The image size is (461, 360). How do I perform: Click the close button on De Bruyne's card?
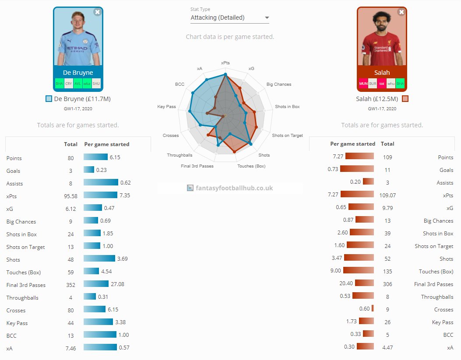(97, 12)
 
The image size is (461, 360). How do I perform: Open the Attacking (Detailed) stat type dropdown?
(230, 18)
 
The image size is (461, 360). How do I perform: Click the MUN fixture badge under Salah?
(363, 83)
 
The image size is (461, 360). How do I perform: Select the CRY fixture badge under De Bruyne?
(69, 83)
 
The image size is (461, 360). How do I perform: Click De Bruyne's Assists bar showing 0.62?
(101, 183)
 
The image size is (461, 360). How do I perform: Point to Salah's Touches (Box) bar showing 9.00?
(359, 271)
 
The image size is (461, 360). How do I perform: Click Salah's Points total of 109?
(387, 157)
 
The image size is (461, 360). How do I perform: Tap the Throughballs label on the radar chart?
(179, 155)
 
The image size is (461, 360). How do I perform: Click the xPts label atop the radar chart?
(225, 63)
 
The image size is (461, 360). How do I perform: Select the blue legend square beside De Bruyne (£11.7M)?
(49, 99)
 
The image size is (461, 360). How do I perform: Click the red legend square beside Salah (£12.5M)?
(405, 99)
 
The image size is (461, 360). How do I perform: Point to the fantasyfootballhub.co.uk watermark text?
(234, 188)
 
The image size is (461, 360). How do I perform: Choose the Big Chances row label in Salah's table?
(438, 221)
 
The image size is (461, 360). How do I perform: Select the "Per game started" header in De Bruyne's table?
(106, 144)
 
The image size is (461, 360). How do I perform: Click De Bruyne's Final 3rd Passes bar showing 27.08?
(96, 284)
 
